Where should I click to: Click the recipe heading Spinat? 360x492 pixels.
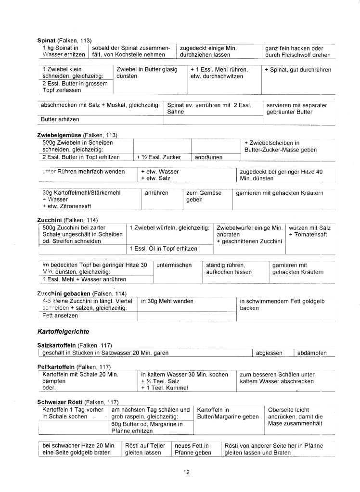tap(46, 40)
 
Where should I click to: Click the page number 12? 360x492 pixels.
tap(186, 472)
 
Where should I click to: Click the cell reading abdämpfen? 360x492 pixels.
tap(312, 353)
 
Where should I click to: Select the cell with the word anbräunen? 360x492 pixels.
tap(208, 157)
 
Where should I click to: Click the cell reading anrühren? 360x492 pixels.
tap(156, 193)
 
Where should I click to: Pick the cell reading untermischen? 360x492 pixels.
tap(174, 265)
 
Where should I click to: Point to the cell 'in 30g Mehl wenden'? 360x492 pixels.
tap(167, 301)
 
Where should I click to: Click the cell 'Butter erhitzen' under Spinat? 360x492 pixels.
tap(60, 119)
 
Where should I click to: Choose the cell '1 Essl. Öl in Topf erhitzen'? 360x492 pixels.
tap(164, 249)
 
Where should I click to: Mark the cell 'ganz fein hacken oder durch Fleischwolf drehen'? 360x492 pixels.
tap(297, 51)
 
